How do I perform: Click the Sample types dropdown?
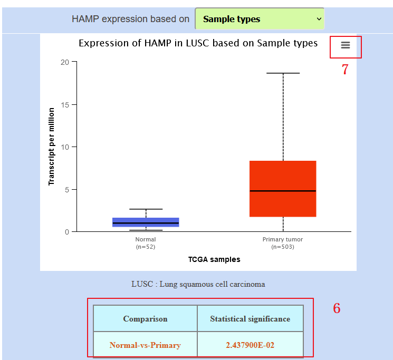coord(260,19)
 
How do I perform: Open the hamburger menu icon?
coord(346,45)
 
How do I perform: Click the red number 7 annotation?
coord(345,69)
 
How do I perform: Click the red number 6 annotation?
coord(337,308)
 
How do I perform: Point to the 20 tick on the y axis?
coord(65,62)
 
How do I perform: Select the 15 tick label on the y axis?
coord(65,105)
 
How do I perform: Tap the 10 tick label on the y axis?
coord(65,147)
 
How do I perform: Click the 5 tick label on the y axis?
coord(67,190)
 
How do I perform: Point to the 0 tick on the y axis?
coord(67,232)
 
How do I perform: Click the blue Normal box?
coord(146,222)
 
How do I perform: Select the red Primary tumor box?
coord(283,189)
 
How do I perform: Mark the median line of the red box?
coord(283,191)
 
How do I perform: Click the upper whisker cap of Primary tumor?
coord(283,73)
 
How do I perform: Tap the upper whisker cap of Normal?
coord(146,209)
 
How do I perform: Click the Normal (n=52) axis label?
coord(146,243)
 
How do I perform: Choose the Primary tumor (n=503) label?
coord(283,243)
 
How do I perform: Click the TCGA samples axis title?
coord(214,259)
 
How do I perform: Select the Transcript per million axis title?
coord(51,147)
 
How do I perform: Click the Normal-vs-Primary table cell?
coord(145,345)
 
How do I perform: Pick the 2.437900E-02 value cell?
coord(250,345)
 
